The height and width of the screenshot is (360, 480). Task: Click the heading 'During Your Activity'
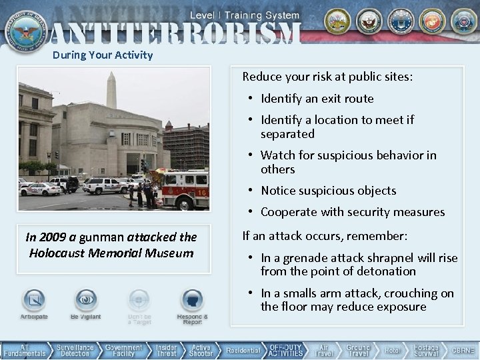click(103, 55)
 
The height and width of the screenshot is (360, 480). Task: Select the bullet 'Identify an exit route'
click(317, 99)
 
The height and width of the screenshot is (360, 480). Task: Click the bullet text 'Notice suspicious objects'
click(328, 191)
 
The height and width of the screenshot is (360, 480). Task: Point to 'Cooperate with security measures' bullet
click(352, 212)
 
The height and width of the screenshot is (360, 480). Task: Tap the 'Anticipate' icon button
click(33, 302)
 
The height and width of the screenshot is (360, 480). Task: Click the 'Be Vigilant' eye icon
click(86, 302)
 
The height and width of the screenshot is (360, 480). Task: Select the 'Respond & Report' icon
click(192, 303)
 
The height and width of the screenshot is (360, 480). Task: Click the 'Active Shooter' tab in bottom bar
click(201, 351)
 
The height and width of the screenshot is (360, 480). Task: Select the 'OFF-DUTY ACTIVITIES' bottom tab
click(287, 351)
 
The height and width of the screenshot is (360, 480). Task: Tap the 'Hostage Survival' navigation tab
click(426, 351)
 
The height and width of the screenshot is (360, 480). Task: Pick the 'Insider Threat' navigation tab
click(166, 351)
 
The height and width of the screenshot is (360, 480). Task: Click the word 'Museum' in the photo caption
click(171, 253)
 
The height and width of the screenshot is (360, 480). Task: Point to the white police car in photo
click(39, 189)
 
